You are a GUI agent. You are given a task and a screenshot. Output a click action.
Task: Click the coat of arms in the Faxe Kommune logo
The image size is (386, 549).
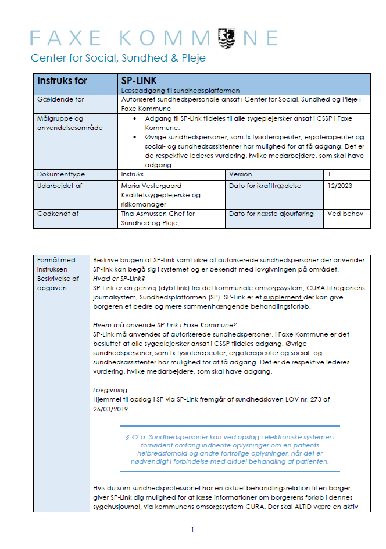226,38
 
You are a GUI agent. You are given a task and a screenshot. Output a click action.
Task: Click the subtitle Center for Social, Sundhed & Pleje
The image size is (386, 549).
118,58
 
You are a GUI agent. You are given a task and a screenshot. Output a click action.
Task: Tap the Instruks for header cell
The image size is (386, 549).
62,81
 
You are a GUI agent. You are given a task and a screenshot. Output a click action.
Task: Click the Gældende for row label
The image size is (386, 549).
60,100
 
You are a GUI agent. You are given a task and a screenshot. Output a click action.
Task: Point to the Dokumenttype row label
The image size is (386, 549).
61,174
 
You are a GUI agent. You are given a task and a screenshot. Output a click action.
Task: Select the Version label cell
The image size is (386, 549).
241,174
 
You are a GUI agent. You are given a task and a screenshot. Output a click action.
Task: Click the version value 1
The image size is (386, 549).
330,174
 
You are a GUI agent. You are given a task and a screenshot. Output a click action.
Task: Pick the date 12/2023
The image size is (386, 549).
340,186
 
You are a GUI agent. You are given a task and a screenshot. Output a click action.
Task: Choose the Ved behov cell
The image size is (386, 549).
345,214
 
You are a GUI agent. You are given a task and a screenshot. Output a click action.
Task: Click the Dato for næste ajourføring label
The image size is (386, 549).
271,214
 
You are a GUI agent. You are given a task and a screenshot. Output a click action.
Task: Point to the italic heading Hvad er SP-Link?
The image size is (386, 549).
119,279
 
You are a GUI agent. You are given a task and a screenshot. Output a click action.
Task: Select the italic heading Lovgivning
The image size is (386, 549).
110,391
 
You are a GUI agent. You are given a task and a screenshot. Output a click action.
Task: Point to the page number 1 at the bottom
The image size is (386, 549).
192,529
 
